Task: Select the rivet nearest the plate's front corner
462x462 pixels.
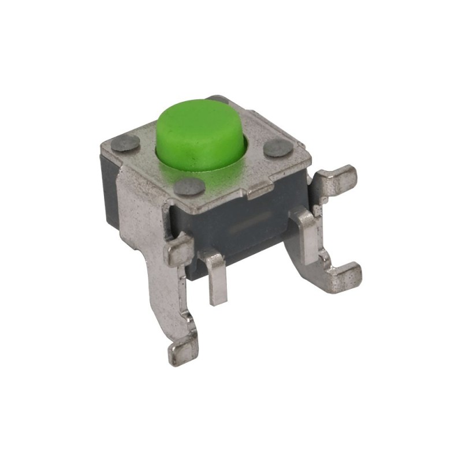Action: [189, 186]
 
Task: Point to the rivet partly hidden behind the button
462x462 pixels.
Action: [219, 99]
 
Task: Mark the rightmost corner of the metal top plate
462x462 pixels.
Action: [310, 158]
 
